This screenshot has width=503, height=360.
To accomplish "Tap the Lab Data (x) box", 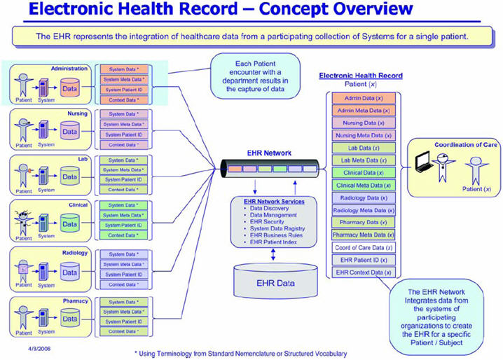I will click(364, 148).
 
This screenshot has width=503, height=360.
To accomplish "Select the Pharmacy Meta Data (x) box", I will click(364, 235).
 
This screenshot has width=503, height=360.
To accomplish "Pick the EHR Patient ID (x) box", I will click(364, 260).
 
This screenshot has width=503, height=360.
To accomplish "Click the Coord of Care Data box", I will click(364, 247).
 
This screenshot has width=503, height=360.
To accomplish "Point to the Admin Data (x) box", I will click(364, 98).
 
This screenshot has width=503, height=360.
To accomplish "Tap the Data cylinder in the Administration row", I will click(69, 89).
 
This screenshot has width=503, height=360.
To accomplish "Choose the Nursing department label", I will click(77, 112).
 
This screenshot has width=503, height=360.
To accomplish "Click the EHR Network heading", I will click(268, 152).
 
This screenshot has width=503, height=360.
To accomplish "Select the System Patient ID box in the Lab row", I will click(123, 179).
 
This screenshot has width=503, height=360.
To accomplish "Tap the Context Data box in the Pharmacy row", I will click(123, 331).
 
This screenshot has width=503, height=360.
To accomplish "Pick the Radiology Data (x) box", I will click(364, 198).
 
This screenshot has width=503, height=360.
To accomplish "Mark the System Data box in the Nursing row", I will click(123, 114).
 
